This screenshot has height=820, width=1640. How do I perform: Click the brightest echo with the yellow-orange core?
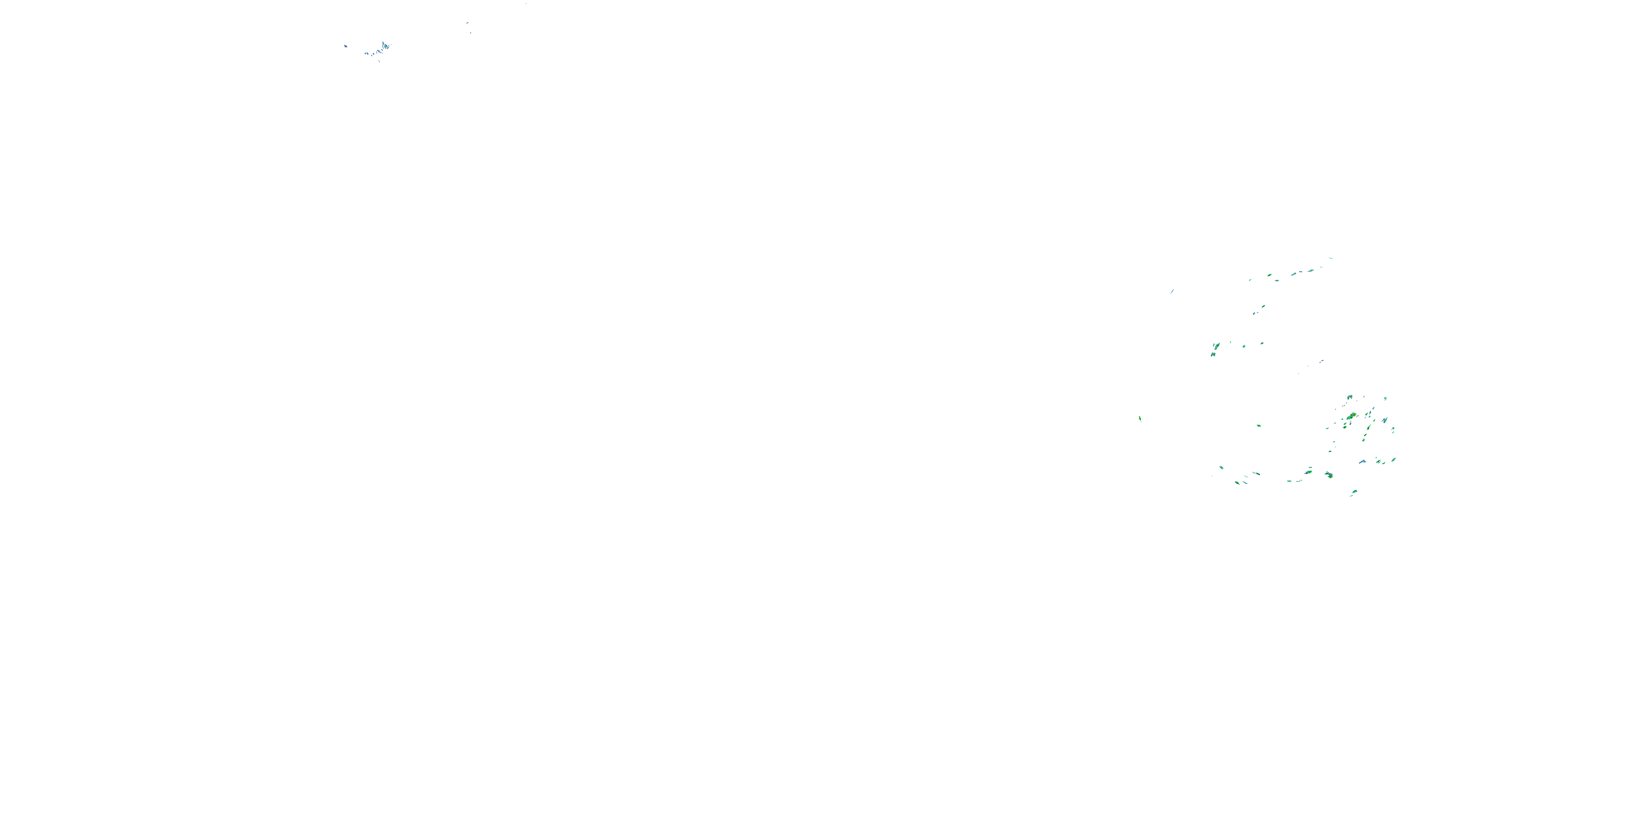[x=1351, y=417]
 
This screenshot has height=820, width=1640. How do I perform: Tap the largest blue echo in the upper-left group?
[x=385, y=46]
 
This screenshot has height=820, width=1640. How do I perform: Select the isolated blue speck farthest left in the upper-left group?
[x=345, y=46]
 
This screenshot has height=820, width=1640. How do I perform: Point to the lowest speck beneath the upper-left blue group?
[x=379, y=61]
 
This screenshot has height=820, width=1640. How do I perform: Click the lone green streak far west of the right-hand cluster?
[x=1140, y=418]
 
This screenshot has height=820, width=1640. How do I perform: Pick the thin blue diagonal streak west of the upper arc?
[x=1172, y=291]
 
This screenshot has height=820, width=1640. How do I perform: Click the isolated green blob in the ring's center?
[x=1258, y=426]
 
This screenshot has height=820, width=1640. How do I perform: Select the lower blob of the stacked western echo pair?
[x=1214, y=354]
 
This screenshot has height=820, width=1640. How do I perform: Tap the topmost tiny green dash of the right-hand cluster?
[x=1331, y=259]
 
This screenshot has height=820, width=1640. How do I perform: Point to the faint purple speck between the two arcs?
[x=1322, y=361]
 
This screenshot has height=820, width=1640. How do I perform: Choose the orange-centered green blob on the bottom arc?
[x=1329, y=475]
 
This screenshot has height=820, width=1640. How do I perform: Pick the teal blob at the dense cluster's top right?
[x=1385, y=399]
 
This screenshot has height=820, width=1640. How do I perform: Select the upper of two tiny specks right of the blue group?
[x=467, y=24]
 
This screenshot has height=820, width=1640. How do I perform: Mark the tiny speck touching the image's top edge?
[x=526, y=3]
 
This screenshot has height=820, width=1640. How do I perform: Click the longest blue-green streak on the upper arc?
[x=1295, y=274]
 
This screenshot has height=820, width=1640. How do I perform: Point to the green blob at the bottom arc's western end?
[x=1221, y=468]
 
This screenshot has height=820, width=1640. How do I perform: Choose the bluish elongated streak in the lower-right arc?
[x=1362, y=461]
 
